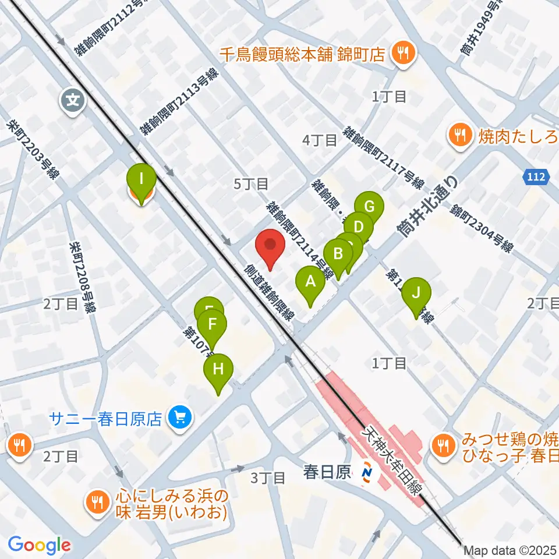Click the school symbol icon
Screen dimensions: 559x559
pyautogui.click(x=73, y=100)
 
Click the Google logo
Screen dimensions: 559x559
pyautogui.click(x=39, y=544)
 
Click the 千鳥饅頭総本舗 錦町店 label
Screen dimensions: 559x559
pyautogui.click(x=302, y=55)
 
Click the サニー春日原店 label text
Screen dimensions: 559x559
pyautogui.click(x=105, y=419)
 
